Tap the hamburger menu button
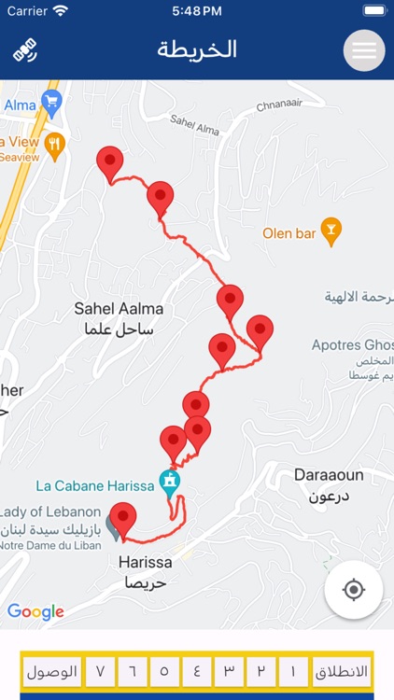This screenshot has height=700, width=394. (x=364, y=50)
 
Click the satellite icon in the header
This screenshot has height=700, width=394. (x=25, y=50)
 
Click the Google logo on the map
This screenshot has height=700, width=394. (x=35, y=612)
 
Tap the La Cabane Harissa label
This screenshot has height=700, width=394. (x=94, y=485)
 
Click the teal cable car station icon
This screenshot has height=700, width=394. (x=170, y=481)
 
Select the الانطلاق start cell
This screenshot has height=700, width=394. (x=342, y=672)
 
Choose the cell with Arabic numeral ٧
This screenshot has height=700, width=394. (x=101, y=672)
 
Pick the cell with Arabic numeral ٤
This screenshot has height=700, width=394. (x=196, y=672)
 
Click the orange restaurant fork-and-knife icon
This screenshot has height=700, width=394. (x=55, y=143)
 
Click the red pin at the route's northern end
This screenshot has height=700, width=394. (x=110, y=163)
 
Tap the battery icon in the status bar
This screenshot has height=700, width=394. (x=373, y=11)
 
